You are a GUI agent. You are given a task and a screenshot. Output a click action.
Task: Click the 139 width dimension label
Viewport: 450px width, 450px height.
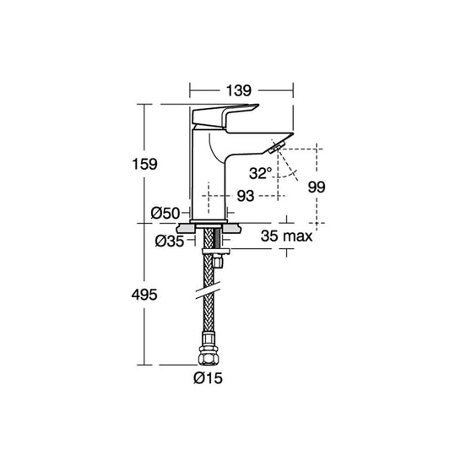tap(239, 90)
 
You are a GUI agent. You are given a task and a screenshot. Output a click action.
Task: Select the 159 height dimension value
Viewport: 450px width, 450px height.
tap(144, 164)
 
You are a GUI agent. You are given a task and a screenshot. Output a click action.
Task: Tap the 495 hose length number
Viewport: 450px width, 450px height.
tap(144, 295)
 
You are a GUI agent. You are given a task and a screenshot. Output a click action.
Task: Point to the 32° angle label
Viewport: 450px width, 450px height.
tap(260, 173)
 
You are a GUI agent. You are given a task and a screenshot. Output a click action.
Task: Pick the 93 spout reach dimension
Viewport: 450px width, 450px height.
tap(246, 196)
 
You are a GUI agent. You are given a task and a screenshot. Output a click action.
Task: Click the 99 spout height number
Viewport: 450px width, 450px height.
tap(317, 187)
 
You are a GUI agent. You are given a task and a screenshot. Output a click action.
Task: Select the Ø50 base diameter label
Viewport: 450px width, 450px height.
tap(165, 214)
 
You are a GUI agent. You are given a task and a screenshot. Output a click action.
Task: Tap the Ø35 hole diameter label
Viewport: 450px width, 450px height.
tap(170, 241)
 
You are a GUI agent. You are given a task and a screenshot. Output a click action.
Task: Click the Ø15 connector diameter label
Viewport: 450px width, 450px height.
tap(208, 378)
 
